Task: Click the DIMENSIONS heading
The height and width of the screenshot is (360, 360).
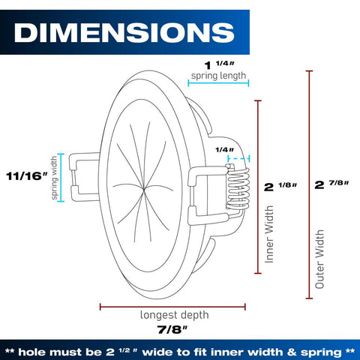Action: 124,32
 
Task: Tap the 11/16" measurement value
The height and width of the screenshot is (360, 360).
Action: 27,176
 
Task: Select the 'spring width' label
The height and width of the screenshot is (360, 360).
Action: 54,178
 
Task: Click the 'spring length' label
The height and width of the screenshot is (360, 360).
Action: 218,76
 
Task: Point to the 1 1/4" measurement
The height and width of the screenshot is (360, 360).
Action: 219,64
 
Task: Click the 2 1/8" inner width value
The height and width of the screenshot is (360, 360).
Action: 280,187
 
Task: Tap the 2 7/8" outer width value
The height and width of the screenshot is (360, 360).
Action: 331,184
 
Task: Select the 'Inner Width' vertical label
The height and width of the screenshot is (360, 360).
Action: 269,234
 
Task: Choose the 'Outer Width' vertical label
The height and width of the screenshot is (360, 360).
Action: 319,259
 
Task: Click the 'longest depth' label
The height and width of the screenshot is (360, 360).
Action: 174,315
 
